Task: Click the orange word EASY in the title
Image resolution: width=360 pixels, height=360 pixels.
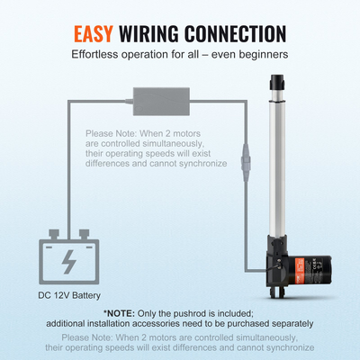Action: [94, 33]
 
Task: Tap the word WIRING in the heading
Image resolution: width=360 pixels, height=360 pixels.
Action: [149, 33]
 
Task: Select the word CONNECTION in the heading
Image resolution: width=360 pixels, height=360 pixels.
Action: [236, 33]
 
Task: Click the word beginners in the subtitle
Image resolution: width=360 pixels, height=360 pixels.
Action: [265, 55]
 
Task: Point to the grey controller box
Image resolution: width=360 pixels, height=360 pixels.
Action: [161, 102]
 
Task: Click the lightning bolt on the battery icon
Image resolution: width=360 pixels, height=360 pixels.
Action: [68, 262]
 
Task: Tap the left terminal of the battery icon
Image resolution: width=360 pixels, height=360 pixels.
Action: [54, 234]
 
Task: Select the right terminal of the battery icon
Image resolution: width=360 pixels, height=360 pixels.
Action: [84, 234]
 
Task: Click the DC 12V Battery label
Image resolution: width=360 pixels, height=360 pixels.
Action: [69, 295]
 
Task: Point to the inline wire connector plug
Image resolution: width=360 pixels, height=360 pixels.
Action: [246, 162]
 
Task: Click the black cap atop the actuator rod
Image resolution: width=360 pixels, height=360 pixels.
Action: [277, 82]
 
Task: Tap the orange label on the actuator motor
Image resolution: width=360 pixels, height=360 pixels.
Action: [300, 269]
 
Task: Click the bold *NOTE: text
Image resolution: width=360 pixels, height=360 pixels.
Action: [119, 313]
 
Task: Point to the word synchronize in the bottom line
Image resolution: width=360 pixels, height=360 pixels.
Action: [290, 348]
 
